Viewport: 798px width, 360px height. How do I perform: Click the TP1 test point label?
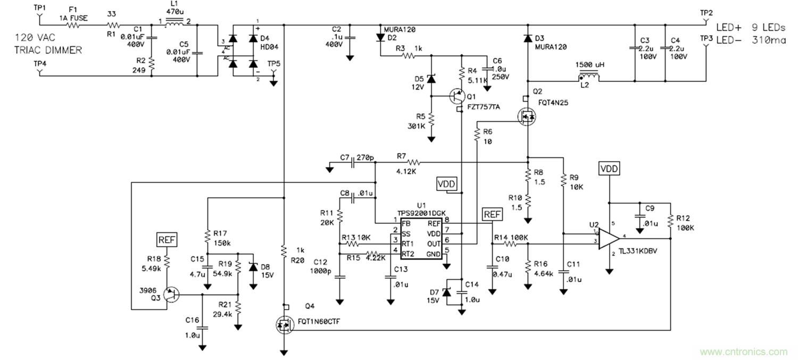(x=40, y=8)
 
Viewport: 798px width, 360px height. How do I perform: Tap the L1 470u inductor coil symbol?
(x=174, y=23)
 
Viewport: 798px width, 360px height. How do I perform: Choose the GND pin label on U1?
(x=433, y=254)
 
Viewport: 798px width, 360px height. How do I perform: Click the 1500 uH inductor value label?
(x=588, y=64)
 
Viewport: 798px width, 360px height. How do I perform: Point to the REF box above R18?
(x=167, y=239)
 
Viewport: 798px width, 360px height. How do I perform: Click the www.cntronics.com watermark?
(x=743, y=351)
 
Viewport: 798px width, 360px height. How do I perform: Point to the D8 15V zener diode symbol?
(x=253, y=267)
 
